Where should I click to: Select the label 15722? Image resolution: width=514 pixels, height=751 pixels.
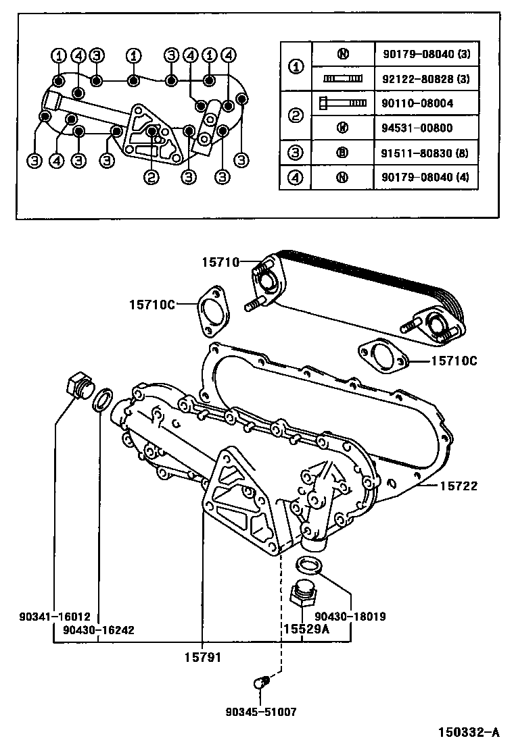461,485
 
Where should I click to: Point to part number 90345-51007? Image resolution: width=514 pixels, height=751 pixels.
262,712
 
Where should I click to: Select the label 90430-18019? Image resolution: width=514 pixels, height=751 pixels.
350,616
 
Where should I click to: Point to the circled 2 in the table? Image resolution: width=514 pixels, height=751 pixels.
296,115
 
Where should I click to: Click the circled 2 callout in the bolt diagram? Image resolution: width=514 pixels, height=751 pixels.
151,178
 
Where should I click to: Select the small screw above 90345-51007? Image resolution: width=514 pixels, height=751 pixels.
260,683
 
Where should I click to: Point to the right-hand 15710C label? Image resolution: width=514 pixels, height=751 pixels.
453,361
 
